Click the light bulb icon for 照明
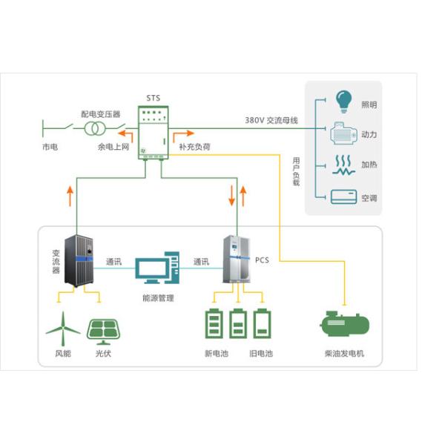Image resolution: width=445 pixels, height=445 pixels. click(343, 99)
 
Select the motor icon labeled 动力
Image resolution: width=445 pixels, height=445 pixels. click(343, 133)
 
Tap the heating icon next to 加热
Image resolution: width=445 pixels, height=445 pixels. click(343, 165)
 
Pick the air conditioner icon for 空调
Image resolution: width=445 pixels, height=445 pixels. click(343, 197)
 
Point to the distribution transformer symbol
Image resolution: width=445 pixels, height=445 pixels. click(93, 130)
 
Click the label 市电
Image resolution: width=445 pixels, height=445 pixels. click(50, 148)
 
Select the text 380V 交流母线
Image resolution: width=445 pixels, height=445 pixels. click(271, 120)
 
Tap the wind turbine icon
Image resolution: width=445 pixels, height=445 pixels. click(62, 326)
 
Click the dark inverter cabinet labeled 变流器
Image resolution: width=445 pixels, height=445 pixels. click(81, 260)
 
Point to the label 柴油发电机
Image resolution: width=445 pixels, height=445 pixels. click(344, 354)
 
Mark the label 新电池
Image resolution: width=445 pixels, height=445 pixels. click(217, 354)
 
